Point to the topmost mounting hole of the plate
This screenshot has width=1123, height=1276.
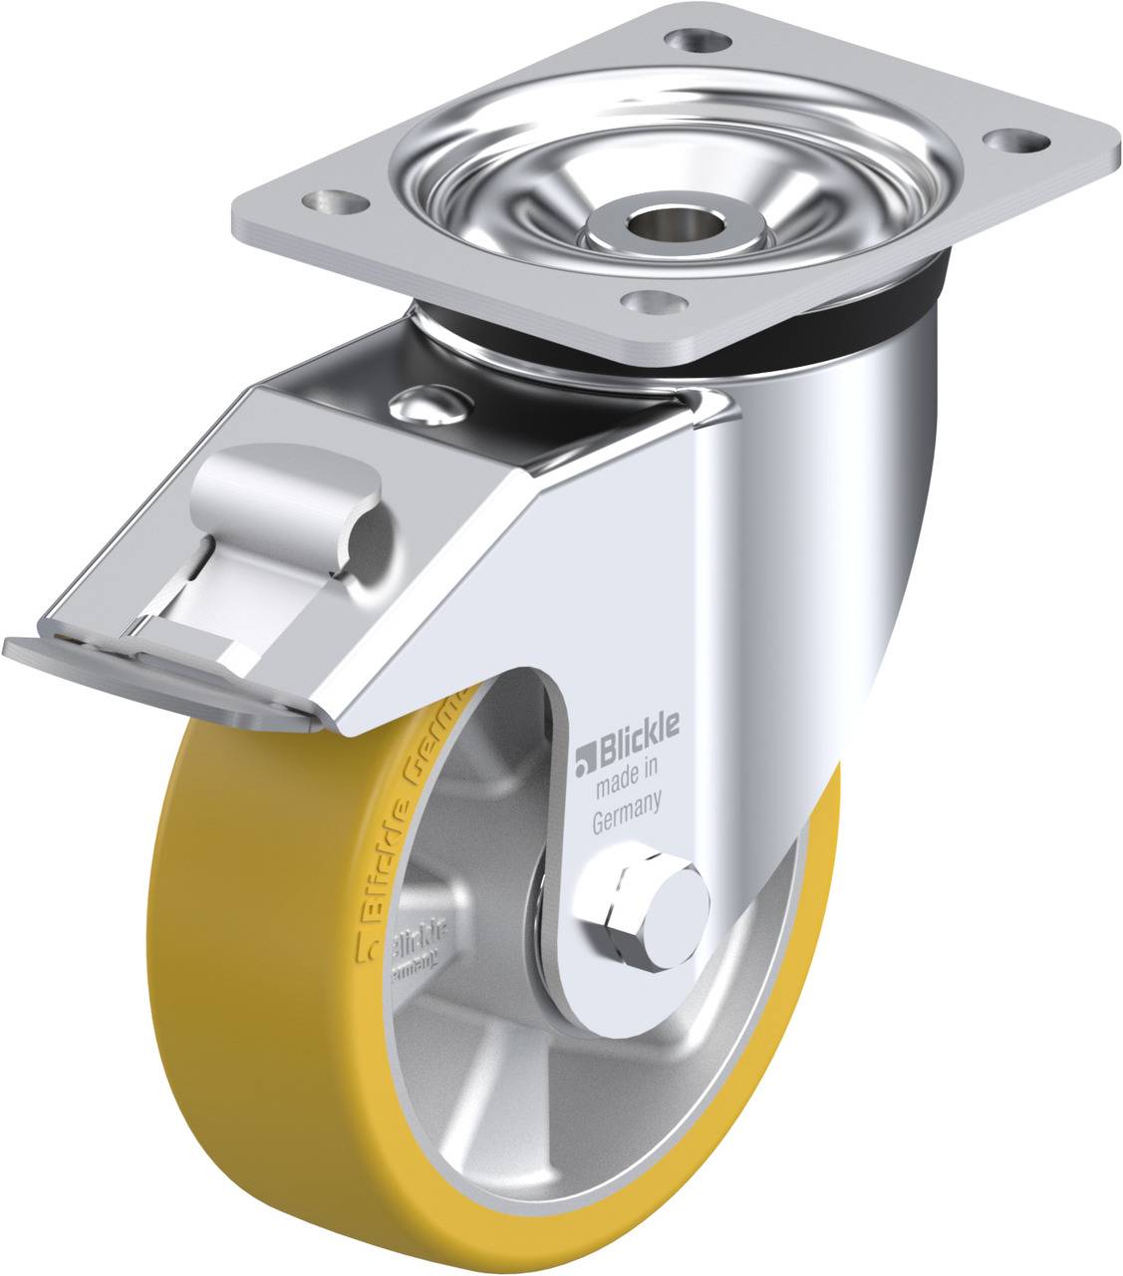(x=695, y=41)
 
